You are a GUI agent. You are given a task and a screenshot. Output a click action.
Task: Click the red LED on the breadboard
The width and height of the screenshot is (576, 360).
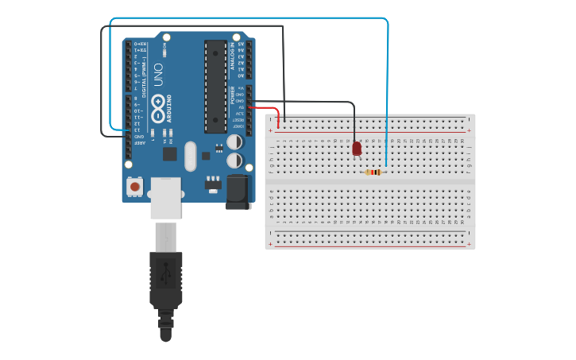[x=357, y=149]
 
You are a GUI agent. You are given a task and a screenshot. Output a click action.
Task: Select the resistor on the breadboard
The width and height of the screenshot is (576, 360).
[x=373, y=172]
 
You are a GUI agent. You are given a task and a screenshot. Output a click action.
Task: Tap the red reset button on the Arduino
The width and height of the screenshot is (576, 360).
[x=136, y=188]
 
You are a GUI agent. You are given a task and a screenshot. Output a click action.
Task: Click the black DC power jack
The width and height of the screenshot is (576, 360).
[x=238, y=192]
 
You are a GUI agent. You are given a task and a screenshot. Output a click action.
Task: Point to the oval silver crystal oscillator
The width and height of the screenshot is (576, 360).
[x=190, y=156]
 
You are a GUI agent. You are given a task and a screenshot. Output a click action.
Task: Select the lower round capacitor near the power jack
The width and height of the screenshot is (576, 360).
[x=234, y=161]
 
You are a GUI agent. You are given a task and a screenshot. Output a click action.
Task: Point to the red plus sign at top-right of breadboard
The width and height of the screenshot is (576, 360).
[x=469, y=130]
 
